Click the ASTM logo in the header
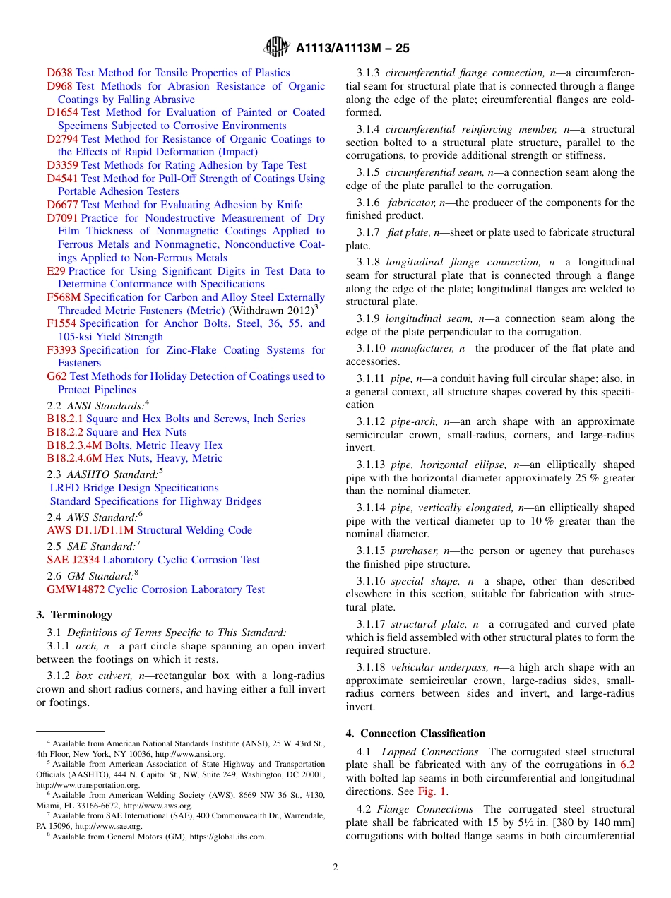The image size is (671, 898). point(276,47)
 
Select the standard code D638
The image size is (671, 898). point(59,73)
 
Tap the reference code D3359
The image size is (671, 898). point(62,165)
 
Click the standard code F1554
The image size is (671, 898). point(61,323)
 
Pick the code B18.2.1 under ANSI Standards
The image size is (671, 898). point(65,419)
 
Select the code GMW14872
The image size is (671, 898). point(76,589)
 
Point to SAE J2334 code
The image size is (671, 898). point(73,560)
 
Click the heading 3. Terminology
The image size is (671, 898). point(74,615)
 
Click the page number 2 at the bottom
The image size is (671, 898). point(335,868)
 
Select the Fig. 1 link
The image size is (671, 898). point(432,791)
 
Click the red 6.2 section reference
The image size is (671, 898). point(627,765)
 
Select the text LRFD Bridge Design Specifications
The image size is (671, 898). point(134,488)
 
